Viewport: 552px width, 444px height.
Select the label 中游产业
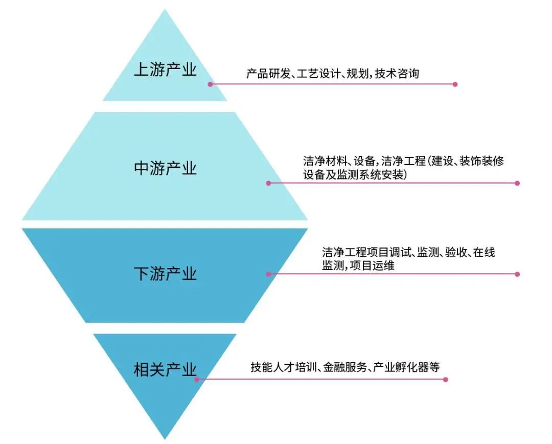coord(165,168)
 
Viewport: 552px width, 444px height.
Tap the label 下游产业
coord(165,274)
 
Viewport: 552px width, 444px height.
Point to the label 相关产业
coord(165,369)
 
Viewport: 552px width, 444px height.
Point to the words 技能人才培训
coord(285,367)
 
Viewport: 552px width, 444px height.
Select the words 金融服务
coord(345,367)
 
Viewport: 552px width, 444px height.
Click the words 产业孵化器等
coord(406,367)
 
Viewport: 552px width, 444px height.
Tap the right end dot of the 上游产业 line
coord(455,84)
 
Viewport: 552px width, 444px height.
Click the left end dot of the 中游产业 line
coord(268,183)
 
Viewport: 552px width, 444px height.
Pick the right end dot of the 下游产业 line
coord(517,274)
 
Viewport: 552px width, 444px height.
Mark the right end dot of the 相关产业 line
coord(445,380)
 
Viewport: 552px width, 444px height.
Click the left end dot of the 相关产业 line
coord(197,380)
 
